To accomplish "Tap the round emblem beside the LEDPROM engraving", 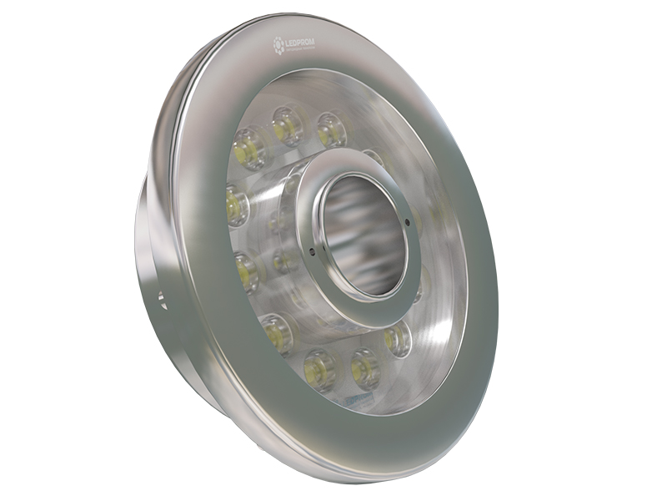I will click(278, 45).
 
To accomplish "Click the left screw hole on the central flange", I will click(311, 250).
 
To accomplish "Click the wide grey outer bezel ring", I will click(467, 351).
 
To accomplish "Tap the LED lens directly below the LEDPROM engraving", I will click(287, 125).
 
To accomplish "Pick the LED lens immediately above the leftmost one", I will click(249, 149).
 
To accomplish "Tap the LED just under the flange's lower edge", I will click(398, 337).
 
